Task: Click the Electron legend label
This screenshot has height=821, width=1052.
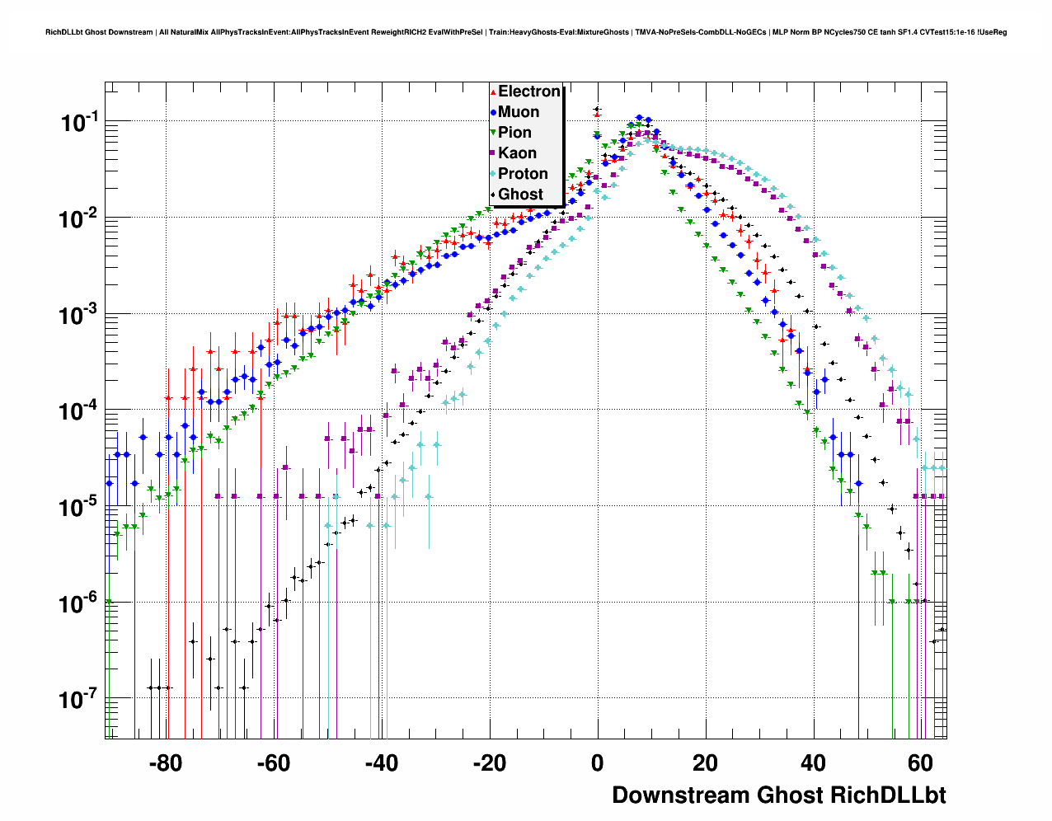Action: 529,91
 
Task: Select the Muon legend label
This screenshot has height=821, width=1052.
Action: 519,112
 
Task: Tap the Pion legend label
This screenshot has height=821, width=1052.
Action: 514,133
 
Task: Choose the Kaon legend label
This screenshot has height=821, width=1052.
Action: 517,153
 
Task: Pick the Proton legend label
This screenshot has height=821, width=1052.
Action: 523,174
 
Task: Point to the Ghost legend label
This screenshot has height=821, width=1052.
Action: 520,195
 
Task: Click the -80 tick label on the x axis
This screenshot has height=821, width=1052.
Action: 166,763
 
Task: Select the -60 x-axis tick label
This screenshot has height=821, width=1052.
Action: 274,763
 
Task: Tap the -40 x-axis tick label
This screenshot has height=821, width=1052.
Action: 382,763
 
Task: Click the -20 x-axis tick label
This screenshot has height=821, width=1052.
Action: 490,763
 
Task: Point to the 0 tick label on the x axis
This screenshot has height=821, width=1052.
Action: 598,763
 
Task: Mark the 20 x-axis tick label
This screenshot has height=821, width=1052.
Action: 706,763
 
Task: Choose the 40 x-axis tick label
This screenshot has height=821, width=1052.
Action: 814,763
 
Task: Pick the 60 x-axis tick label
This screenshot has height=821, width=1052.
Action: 921,763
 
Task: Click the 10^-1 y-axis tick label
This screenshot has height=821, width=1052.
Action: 79,123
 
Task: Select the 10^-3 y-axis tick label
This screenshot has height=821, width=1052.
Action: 79,315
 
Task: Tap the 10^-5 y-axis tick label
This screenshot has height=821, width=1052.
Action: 79,507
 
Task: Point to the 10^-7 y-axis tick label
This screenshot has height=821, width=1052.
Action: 79,700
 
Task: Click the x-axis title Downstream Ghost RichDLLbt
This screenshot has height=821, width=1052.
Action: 778,795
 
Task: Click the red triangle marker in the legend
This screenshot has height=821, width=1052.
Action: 493,91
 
